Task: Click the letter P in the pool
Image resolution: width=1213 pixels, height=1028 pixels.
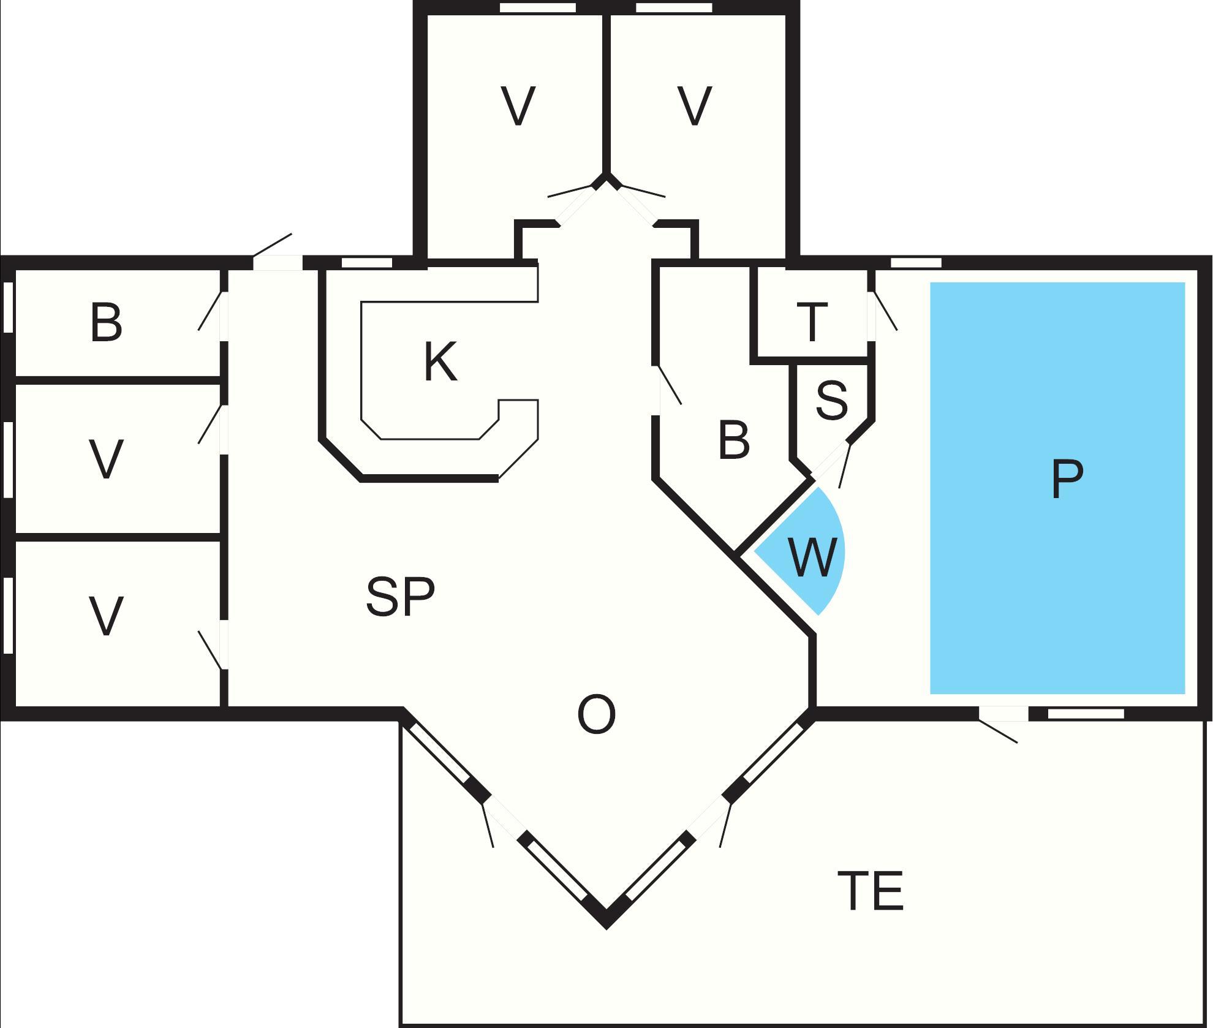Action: (1067, 479)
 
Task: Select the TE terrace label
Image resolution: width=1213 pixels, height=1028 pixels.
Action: (871, 891)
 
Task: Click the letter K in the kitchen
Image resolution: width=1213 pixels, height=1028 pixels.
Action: (440, 363)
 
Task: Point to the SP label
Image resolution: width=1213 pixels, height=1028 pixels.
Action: (400, 597)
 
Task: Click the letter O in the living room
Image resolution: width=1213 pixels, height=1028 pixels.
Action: (596, 715)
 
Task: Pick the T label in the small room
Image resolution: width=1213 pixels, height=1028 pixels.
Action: (812, 322)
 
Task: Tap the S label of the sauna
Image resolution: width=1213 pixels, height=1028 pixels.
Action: (832, 400)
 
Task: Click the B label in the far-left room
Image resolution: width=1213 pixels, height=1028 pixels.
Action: (106, 322)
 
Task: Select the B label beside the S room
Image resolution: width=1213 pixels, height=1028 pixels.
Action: (733, 440)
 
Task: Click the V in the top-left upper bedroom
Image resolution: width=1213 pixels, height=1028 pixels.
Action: (518, 106)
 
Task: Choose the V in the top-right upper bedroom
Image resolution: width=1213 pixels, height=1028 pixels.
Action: (695, 106)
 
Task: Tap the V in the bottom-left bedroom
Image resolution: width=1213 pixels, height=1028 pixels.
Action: (106, 616)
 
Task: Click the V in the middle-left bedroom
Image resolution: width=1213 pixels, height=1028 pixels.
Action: (106, 459)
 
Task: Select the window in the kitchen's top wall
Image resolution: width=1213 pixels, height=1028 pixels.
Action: (366, 263)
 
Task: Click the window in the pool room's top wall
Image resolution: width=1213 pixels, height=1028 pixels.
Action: (915, 263)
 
